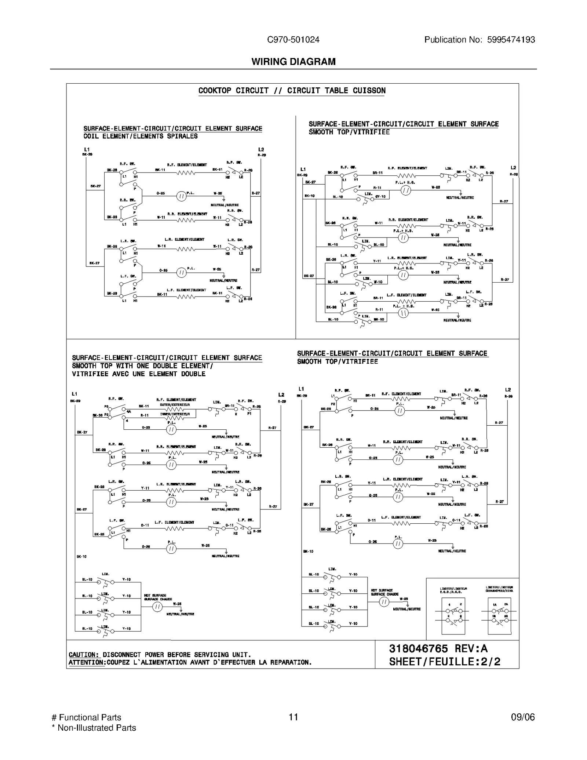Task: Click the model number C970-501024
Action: [293, 40]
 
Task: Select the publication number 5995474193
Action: [511, 40]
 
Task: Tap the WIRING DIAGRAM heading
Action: [293, 62]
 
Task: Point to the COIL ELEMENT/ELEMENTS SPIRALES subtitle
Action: [141, 136]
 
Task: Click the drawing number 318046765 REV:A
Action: [438, 648]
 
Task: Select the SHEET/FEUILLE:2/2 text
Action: [445, 662]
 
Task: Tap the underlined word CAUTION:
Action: [84, 655]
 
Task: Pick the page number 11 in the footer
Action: [293, 717]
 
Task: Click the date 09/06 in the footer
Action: [523, 717]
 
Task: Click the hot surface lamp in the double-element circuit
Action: [157, 607]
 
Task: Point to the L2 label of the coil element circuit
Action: [261, 149]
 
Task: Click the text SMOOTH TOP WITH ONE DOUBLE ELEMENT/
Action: [142, 366]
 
